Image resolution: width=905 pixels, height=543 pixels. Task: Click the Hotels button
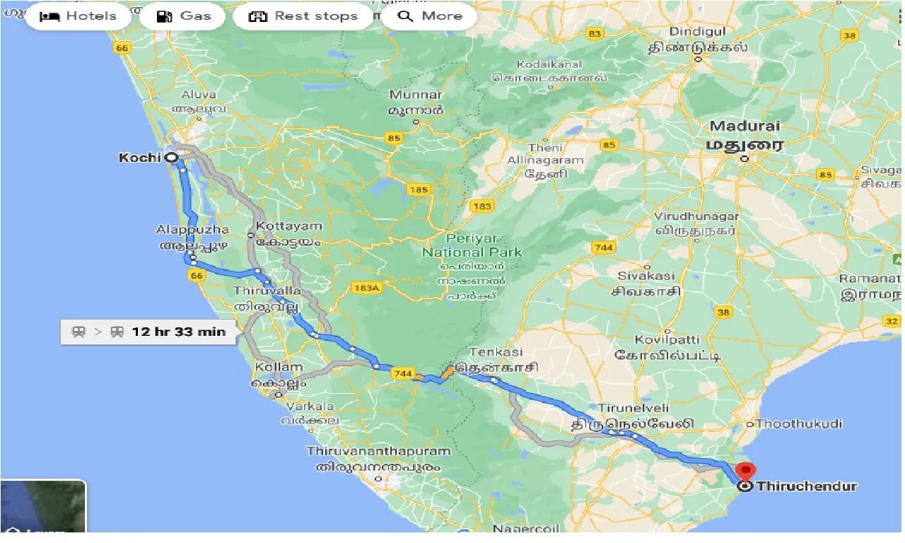tap(78, 16)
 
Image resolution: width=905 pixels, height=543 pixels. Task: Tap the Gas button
tap(182, 16)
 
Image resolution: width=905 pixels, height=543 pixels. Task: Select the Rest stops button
tap(303, 16)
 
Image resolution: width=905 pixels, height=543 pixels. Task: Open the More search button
tap(428, 16)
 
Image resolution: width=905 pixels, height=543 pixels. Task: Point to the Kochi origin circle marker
tap(171, 158)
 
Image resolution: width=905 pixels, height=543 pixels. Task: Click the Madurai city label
tap(745, 127)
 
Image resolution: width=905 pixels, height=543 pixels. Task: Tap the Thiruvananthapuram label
tap(378, 451)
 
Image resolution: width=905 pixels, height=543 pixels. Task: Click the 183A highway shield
tap(366, 287)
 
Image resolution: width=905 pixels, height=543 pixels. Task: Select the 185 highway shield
tap(419, 189)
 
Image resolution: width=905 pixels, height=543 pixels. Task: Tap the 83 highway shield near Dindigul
tap(595, 34)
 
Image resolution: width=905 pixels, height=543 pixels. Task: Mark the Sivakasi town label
tap(646, 276)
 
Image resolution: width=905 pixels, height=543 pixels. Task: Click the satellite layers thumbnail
tap(42, 506)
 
